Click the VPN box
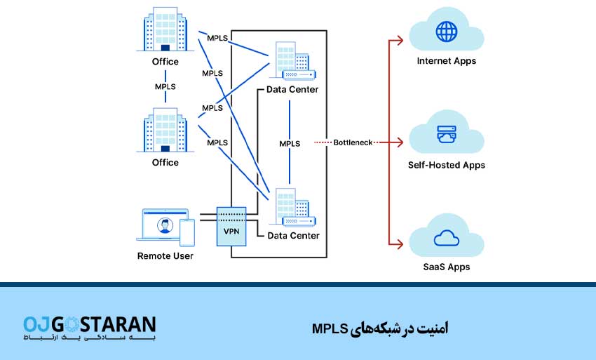(x=231, y=225)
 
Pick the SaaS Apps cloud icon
(x=446, y=239)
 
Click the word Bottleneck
(x=353, y=142)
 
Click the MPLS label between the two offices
(x=165, y=86)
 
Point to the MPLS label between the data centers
(x=290, y=143)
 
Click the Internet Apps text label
(x=446, y=61)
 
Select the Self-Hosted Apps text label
(x=446, y=166)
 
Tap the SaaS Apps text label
(x=446, y=267)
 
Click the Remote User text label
(x=165, y=256)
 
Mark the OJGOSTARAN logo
(x=89, y=328)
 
